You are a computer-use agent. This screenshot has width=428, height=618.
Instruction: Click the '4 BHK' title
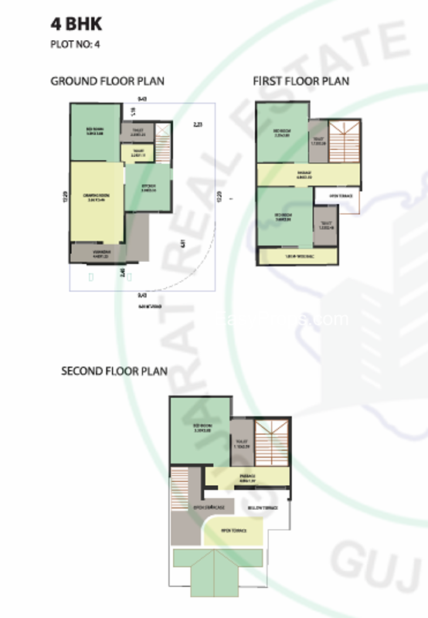click(x=76, y=24)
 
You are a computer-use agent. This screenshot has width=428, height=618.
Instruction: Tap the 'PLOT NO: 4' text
click(x=75, y=44)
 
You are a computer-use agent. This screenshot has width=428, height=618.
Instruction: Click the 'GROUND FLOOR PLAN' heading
click(x=107, y=81)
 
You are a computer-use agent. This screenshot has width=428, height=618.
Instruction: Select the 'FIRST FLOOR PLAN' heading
click(x=301, y=81)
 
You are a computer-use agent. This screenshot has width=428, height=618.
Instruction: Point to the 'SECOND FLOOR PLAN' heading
click(x=114, y=372)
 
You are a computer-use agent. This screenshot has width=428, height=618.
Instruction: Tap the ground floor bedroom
click(x=95, y=131)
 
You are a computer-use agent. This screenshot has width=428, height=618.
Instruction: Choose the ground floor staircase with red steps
click(x=163, y=139)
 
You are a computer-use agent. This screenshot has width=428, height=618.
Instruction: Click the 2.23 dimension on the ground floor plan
click(x=197, y=124)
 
